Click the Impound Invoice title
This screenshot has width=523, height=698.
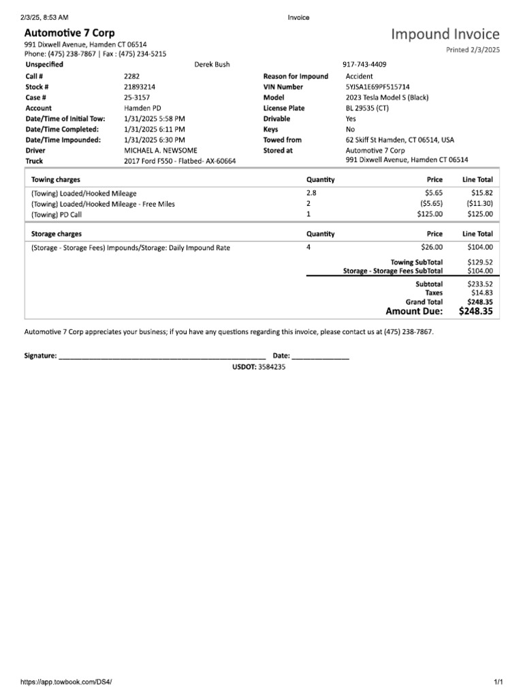(445, 34)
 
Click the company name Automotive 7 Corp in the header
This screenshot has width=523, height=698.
(69, 33)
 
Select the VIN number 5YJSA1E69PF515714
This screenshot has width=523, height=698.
(377, 87)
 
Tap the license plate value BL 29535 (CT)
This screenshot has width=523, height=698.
(367, 108)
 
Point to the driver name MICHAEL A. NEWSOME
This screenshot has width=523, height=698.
(161, 150)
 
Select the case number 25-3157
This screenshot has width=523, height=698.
(137, 97)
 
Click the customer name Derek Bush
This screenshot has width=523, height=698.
(212, 65)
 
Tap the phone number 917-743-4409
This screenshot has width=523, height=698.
(366, 65)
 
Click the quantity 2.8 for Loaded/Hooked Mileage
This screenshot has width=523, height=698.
(312, 194)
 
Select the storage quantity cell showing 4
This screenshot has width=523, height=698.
(309, 247)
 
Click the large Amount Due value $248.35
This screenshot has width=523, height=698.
(476, 312)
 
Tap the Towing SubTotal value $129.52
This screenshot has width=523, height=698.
(479, 262)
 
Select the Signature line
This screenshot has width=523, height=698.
(162, 355)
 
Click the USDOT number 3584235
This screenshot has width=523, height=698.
(272, 367)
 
